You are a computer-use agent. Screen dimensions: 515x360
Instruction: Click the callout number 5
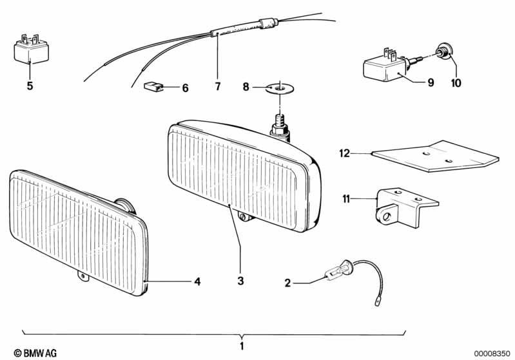click(x=30, y=86)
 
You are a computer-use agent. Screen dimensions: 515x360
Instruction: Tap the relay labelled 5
click(x=31, y=49)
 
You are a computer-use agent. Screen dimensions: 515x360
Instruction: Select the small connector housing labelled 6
click(x=153, y=86)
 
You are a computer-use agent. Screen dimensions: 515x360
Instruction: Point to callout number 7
click(x=218, y=86)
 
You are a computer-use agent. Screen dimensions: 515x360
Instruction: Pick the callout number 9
click(x=431, y=82)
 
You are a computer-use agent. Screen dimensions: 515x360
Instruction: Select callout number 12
click(x=345, y=153)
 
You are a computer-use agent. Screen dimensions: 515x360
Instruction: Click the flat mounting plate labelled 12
click(x=435, y=156)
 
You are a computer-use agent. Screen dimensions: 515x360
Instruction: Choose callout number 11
click(x=346, y=199)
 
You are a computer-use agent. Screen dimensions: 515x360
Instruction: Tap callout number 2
click(x=287, y=283)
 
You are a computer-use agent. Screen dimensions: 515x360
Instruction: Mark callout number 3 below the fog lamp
click(x=241, y=281)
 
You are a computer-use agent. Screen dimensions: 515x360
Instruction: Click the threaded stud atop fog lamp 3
click(x=280, y=126)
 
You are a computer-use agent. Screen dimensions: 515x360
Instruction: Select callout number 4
click(x=197, y=281)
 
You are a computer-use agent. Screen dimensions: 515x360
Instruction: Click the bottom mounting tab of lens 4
click(x=83, y=276)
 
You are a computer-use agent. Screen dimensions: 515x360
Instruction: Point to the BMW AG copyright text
click(x=35, y=353)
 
